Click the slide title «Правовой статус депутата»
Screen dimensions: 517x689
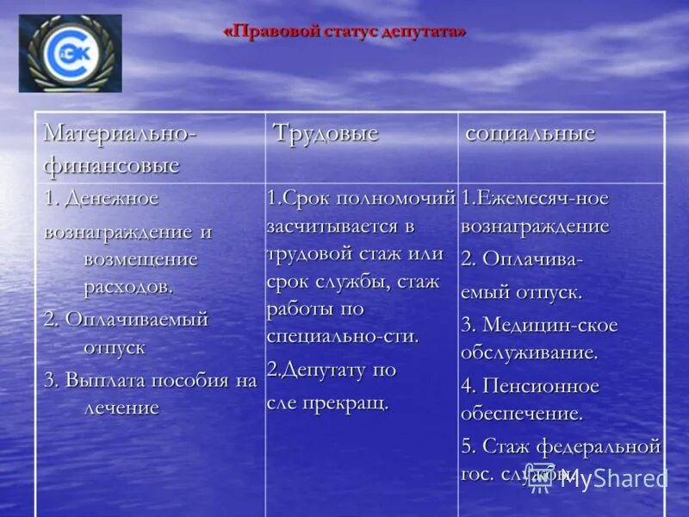pyautogui.click(x=344, y=32)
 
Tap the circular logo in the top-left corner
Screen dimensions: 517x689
pyautogui.click(x=71, y=53)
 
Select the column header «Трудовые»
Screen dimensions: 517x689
pyautogui.click(x=326, y=134)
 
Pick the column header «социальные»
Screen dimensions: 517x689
pyautogui.click(x=531, y=134)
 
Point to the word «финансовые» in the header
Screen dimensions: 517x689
pyautogui.click(x=111, y=164)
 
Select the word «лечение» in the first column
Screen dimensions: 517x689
pyautogui.click(x=121, y=407)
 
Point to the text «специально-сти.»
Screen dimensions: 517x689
pyautogui.click(x=343, y=336)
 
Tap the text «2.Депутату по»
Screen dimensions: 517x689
pyautogui.click(x=332, y=371)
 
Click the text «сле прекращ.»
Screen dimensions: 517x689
pyautogui.click(x=327, y=402)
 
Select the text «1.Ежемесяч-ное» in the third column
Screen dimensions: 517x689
pyautogui.click(x=535, y=199)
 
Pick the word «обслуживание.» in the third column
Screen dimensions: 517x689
pyautogui.click(x=529, y=352)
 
